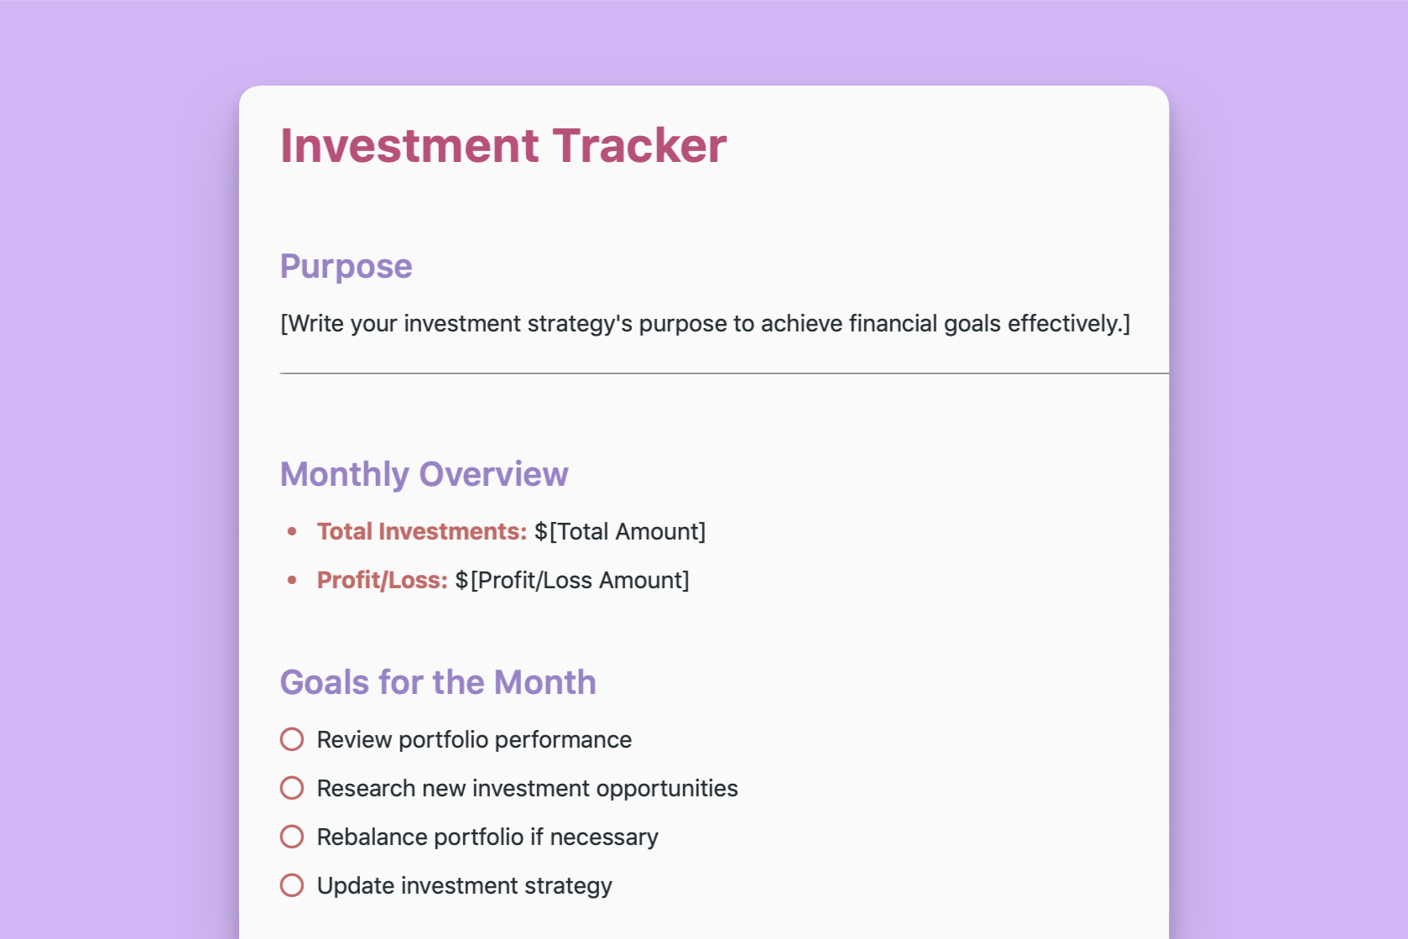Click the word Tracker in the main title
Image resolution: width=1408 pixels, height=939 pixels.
coord(640,146)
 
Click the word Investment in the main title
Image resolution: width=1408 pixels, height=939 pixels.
coord(409,146)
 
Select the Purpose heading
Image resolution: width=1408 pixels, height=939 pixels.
coord(347,267)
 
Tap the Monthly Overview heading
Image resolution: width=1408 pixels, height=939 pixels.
coord(425,474)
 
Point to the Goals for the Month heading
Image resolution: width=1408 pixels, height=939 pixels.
coord(438,682)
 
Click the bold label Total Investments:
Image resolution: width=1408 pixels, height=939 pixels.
coord(422,532)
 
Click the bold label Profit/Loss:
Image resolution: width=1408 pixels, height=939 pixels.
coord(382,580)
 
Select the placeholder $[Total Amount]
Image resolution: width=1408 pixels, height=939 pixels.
coord(620,532)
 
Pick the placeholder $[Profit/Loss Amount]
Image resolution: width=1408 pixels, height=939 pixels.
coord(572,580)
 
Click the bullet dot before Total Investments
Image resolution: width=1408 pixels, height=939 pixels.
coord(292,532)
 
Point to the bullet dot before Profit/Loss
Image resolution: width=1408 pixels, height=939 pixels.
coord(292,580)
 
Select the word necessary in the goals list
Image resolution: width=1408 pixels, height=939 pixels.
coord(604,837)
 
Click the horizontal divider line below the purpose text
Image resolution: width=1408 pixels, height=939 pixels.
coord(724,373)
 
